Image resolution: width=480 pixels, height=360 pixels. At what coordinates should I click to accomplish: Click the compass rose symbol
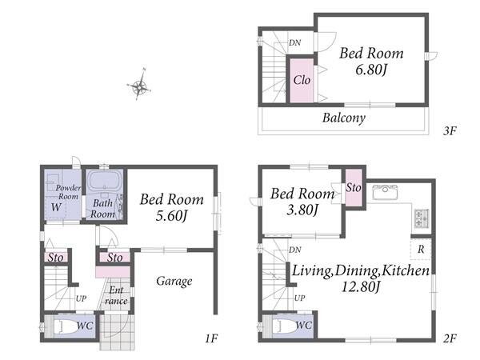click(139, 85)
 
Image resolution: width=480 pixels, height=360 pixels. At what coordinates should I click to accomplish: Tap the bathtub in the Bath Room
click(104, 182)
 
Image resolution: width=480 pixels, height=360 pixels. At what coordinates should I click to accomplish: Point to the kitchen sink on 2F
click(385, 192)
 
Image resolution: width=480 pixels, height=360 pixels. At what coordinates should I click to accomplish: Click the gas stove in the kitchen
click(422, 218)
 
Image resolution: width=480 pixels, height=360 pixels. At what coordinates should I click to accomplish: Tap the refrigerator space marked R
click(421, 249)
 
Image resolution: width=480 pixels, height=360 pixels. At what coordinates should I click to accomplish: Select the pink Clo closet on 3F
click(302, 81)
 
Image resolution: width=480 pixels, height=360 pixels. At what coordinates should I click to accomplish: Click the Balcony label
click(344, 118)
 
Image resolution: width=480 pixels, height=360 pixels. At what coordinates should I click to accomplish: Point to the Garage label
click(174, 281)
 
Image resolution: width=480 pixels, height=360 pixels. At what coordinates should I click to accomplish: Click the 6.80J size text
click(371, 70)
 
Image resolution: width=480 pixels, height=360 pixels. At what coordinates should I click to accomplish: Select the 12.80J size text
click(361, 287)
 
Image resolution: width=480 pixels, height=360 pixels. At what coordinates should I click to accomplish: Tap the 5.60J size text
click(171, 215)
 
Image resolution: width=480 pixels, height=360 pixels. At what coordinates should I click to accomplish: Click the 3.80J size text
click(302, 210)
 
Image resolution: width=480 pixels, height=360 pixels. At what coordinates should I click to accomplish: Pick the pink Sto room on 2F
click(354, 187)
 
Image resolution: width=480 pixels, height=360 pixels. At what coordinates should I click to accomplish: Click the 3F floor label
click(450, 131)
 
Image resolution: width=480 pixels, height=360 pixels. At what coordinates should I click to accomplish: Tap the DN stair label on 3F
click(294, 43)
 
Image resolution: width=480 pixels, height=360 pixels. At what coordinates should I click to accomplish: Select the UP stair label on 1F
click(81, 298)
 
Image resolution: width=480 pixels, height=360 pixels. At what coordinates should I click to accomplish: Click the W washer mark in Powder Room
click(56, 207)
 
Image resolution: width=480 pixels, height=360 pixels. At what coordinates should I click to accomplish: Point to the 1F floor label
click(211, 338)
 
